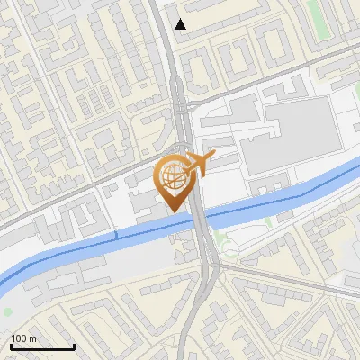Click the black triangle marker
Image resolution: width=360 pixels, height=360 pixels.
coord(181,24)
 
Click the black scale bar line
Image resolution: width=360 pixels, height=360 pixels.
coord(42,346)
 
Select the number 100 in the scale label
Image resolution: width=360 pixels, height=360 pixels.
coord(18,338)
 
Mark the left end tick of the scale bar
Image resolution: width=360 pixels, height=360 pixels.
coord(11,345)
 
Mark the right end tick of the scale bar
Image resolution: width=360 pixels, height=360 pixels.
coord(74,345)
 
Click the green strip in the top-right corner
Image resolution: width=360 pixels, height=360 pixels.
coord(314,11)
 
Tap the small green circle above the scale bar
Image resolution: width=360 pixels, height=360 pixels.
coord(8,312)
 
